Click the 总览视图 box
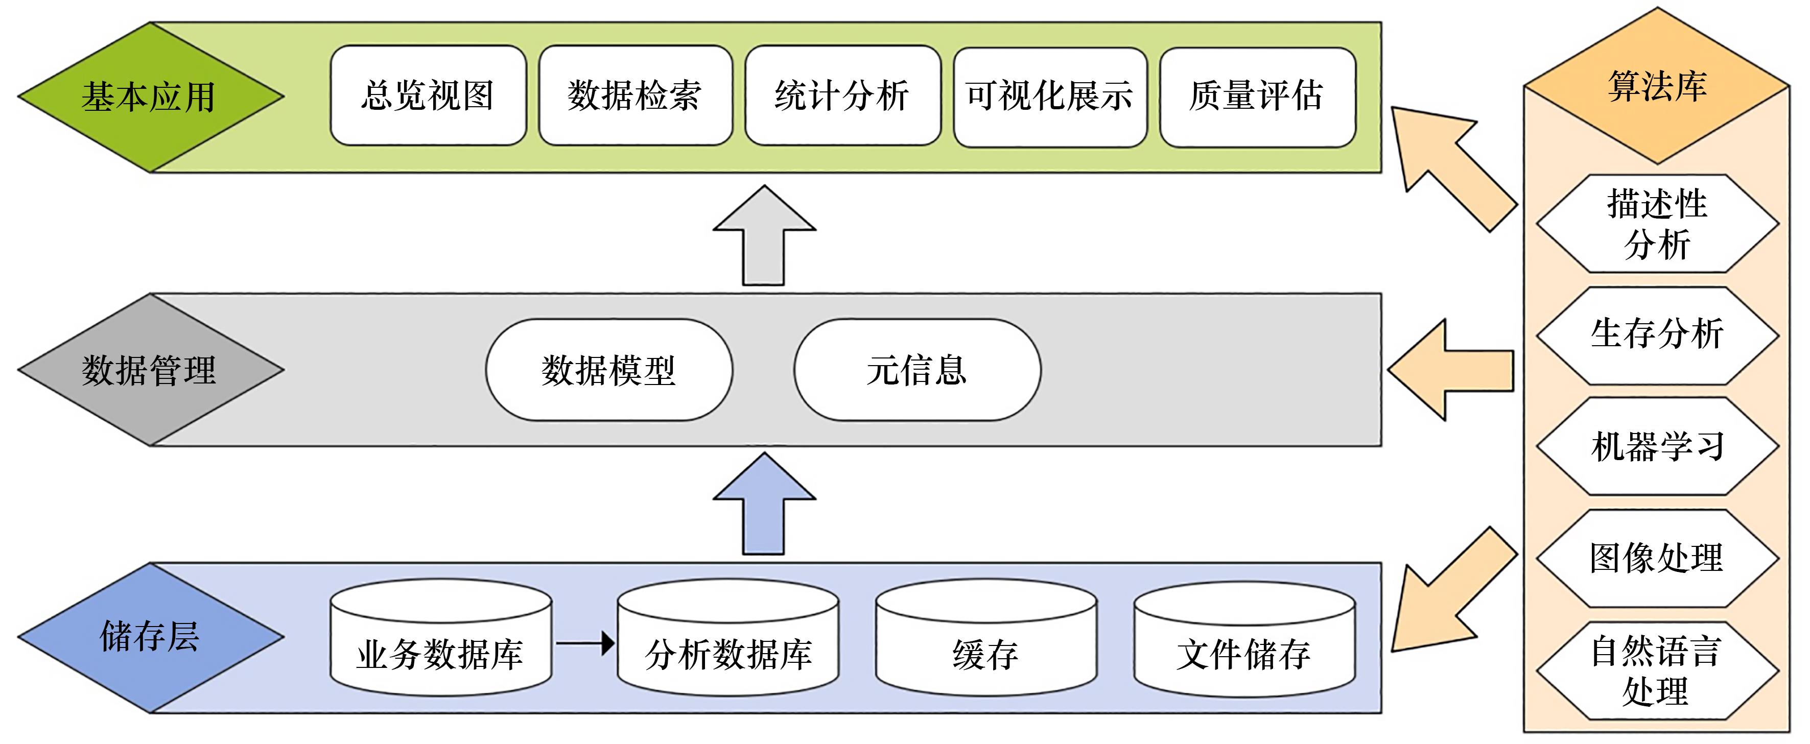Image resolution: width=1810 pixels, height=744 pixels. coord(428,95)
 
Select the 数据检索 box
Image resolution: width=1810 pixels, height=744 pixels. coord(634,95)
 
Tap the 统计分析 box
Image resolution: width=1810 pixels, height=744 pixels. coord(842,95)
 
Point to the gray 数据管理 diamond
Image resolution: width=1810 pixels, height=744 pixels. coord(149,370)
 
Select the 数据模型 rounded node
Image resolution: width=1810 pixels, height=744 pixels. coord(608,370)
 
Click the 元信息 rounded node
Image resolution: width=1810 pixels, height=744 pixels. coord(917,370)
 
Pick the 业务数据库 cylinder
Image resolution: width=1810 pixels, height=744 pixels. coord(440,646)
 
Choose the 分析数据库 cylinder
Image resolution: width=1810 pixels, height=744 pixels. coord(727,646)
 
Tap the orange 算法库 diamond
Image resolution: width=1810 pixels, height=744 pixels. coord(1657,86)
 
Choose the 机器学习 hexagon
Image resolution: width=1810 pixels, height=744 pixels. coord(1657,446)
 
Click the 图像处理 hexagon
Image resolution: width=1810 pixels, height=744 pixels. coord(1657,558)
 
